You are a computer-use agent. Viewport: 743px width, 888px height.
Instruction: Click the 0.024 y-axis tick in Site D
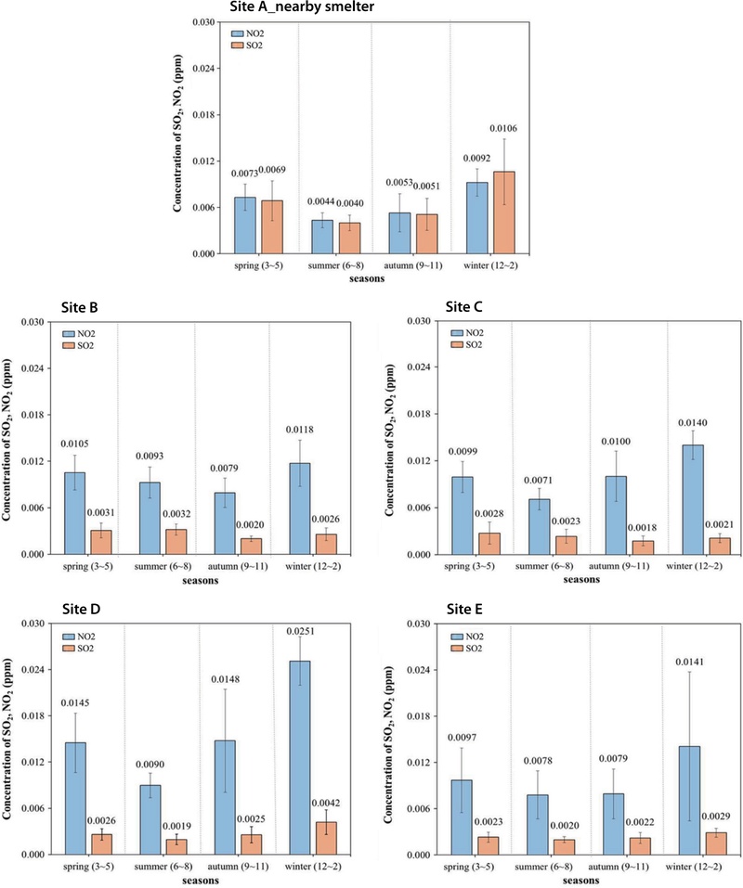[33, 670]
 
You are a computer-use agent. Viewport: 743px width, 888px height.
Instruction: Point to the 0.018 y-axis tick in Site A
[203, 115]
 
